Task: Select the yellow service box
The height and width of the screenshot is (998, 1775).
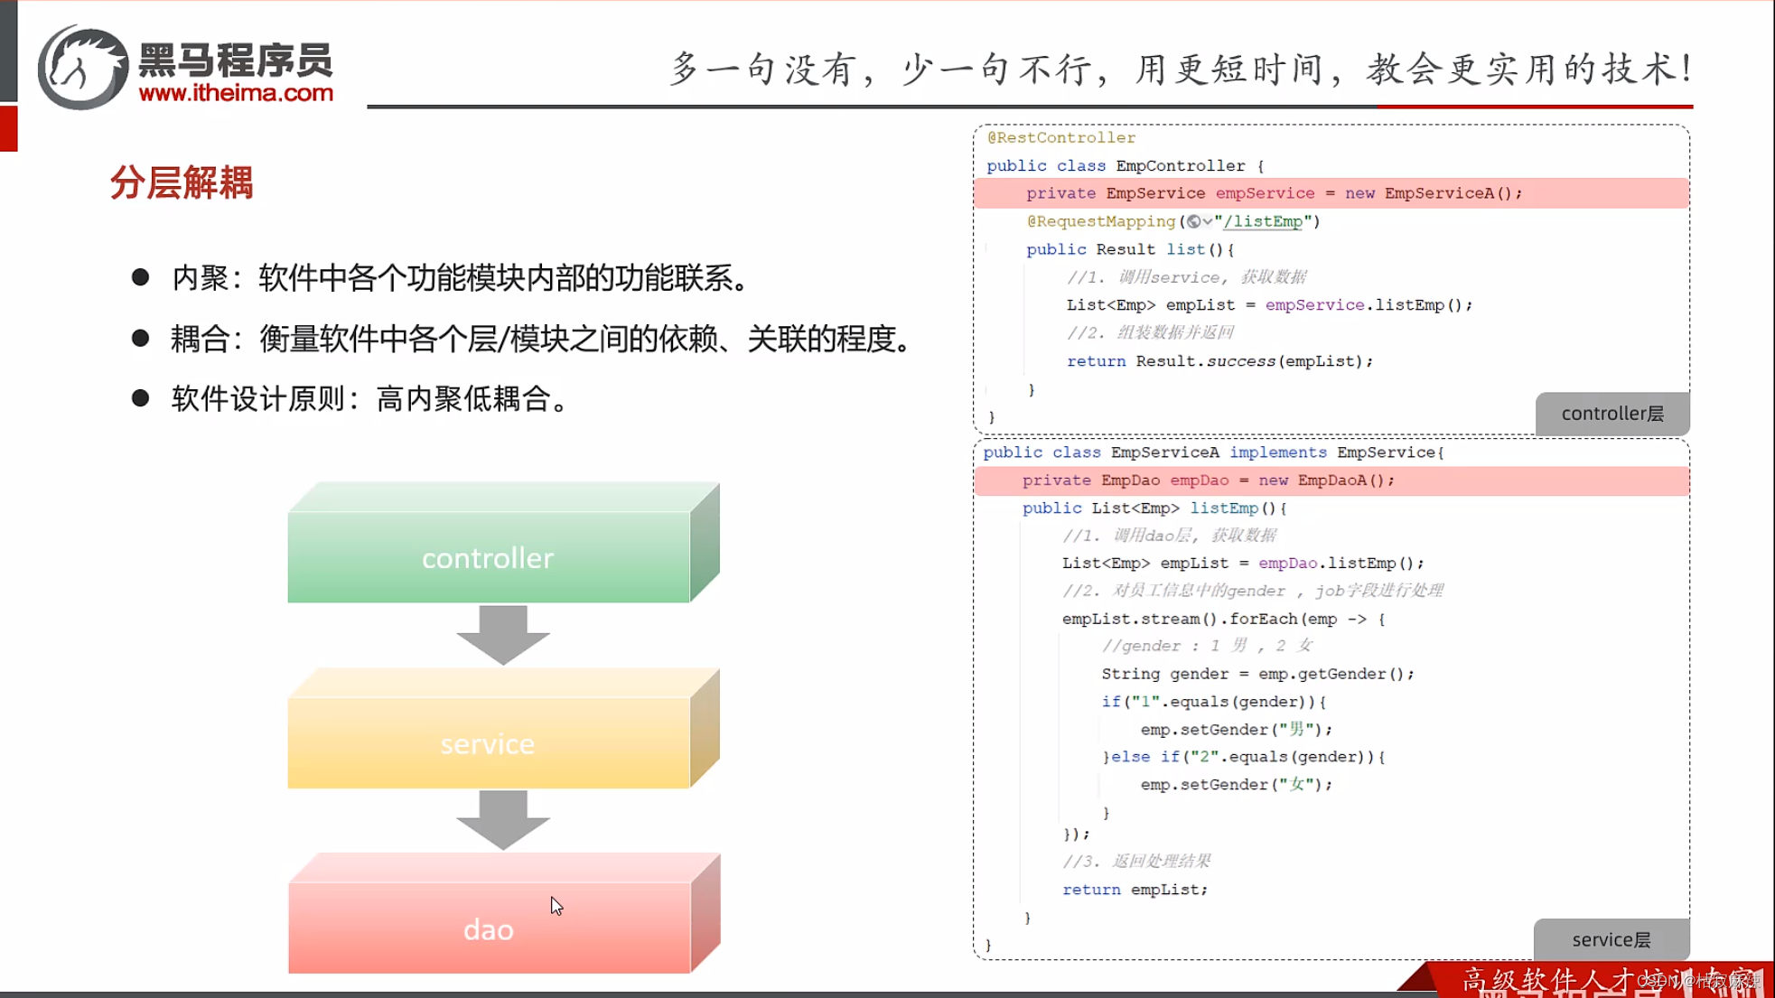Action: pos(488,743)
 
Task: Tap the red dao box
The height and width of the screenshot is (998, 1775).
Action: pos(488,928)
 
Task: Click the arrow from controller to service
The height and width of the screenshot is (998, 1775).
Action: pos(503,634)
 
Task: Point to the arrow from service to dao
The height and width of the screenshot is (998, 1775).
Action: pos(503,819)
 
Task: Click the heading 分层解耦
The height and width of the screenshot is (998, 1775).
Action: pos(182,183)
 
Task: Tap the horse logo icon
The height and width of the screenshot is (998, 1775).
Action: pos(82,68)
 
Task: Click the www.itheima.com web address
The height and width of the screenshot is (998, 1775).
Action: pos(236,93)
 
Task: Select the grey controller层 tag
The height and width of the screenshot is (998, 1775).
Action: pos(1612,414)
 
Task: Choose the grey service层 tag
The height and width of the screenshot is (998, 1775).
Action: pos(1611,939)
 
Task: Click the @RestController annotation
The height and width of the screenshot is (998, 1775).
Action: pos(1060,137)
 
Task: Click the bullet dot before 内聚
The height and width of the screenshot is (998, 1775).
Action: pos(140,277)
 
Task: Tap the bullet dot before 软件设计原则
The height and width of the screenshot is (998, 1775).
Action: pos(140,397)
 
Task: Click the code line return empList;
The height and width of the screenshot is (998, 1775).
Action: pos(1135,890)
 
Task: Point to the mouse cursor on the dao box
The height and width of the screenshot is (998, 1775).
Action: pos(556,906)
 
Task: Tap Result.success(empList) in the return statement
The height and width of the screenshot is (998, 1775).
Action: pos(1253,361)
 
